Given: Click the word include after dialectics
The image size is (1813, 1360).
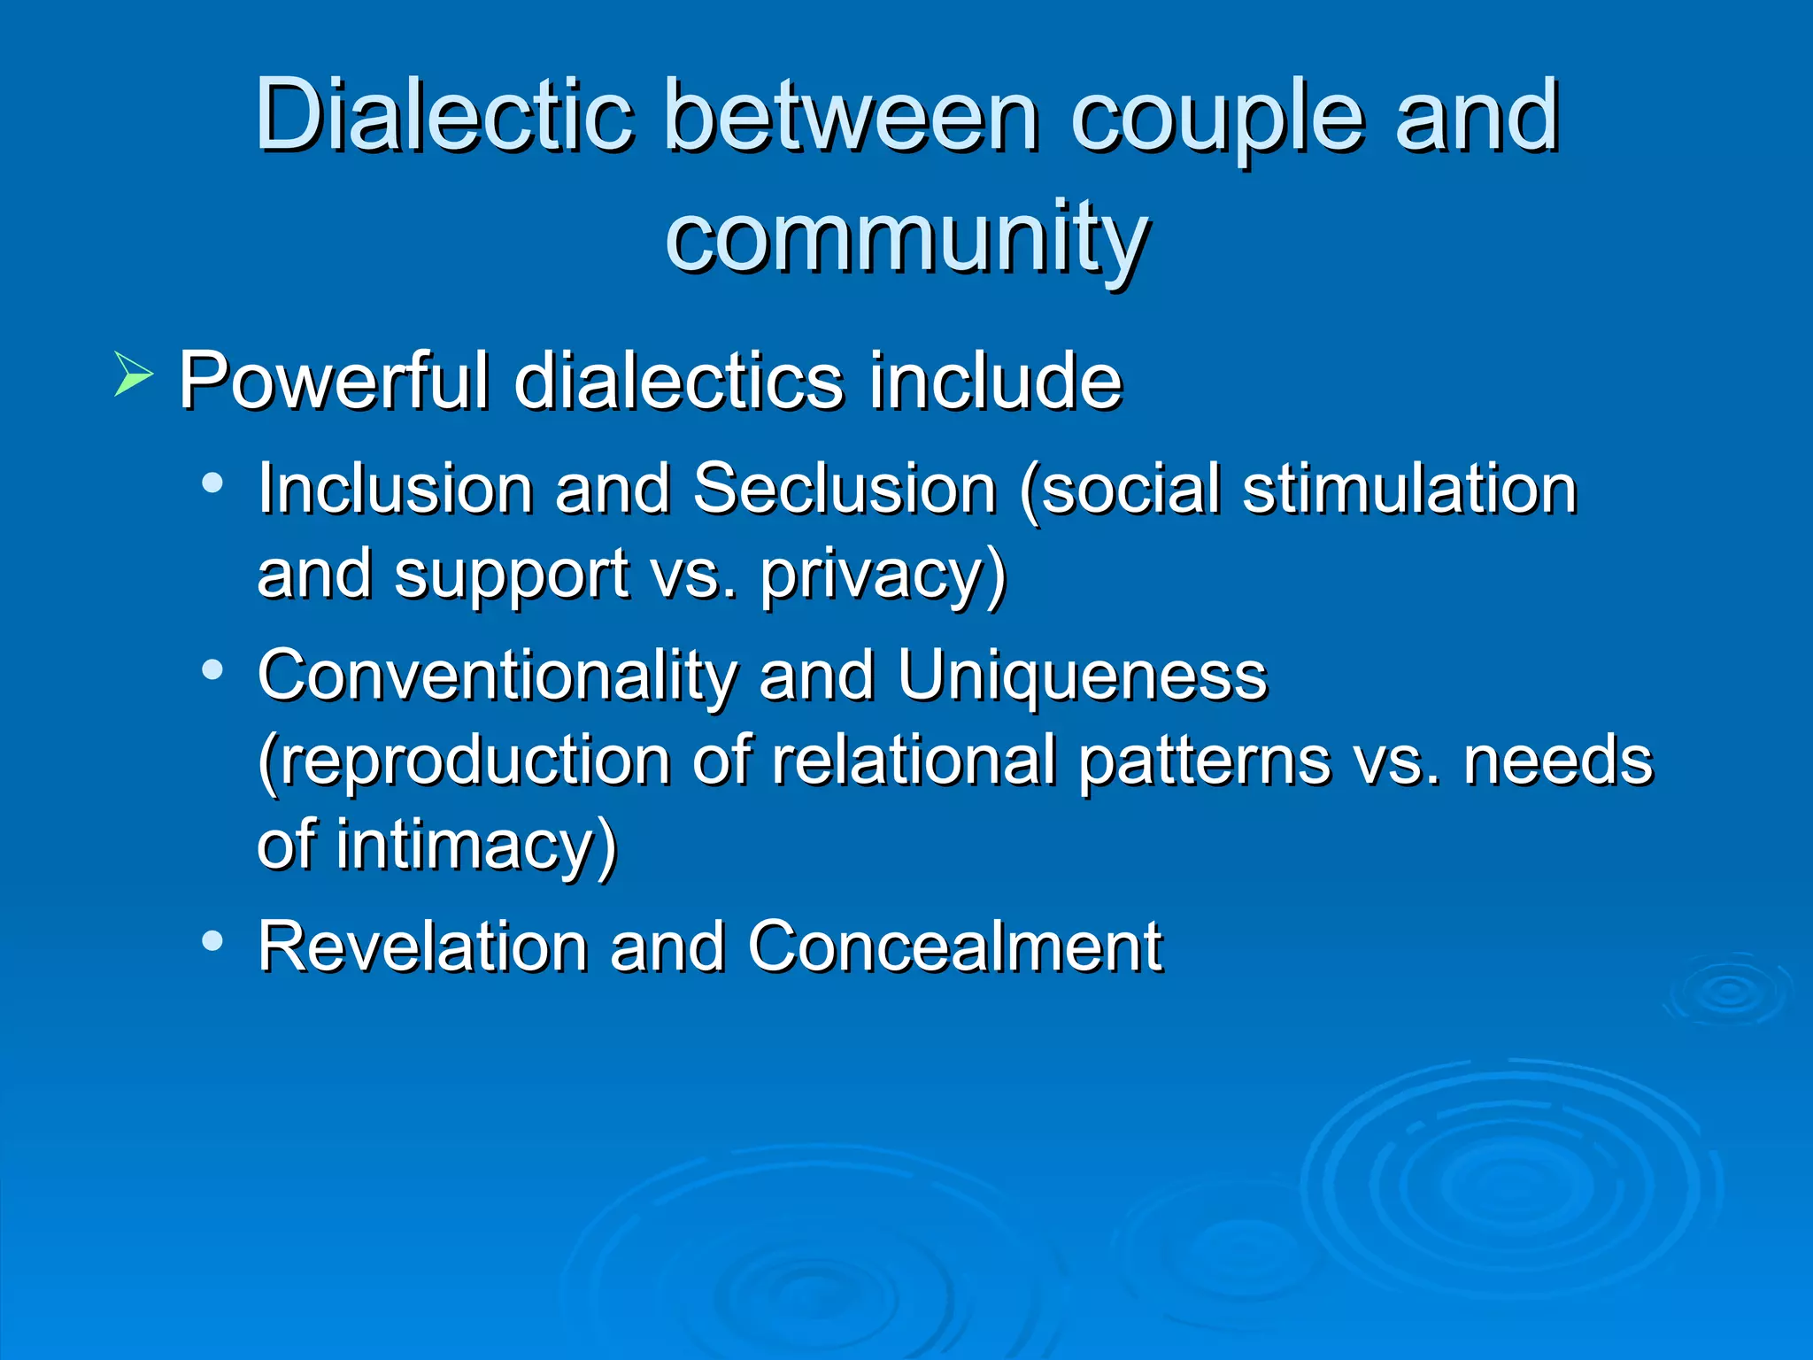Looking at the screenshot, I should point(995,381).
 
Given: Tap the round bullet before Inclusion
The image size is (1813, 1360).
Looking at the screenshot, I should point(212,483).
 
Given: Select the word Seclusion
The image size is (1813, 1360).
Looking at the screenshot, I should point(845,489).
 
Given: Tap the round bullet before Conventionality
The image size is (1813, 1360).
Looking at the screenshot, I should point(212,669).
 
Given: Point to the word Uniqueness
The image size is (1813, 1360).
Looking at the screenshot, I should point(1082,676).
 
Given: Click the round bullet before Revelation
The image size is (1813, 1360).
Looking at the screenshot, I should point(212,940).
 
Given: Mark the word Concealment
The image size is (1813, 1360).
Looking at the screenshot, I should point(954,947).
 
